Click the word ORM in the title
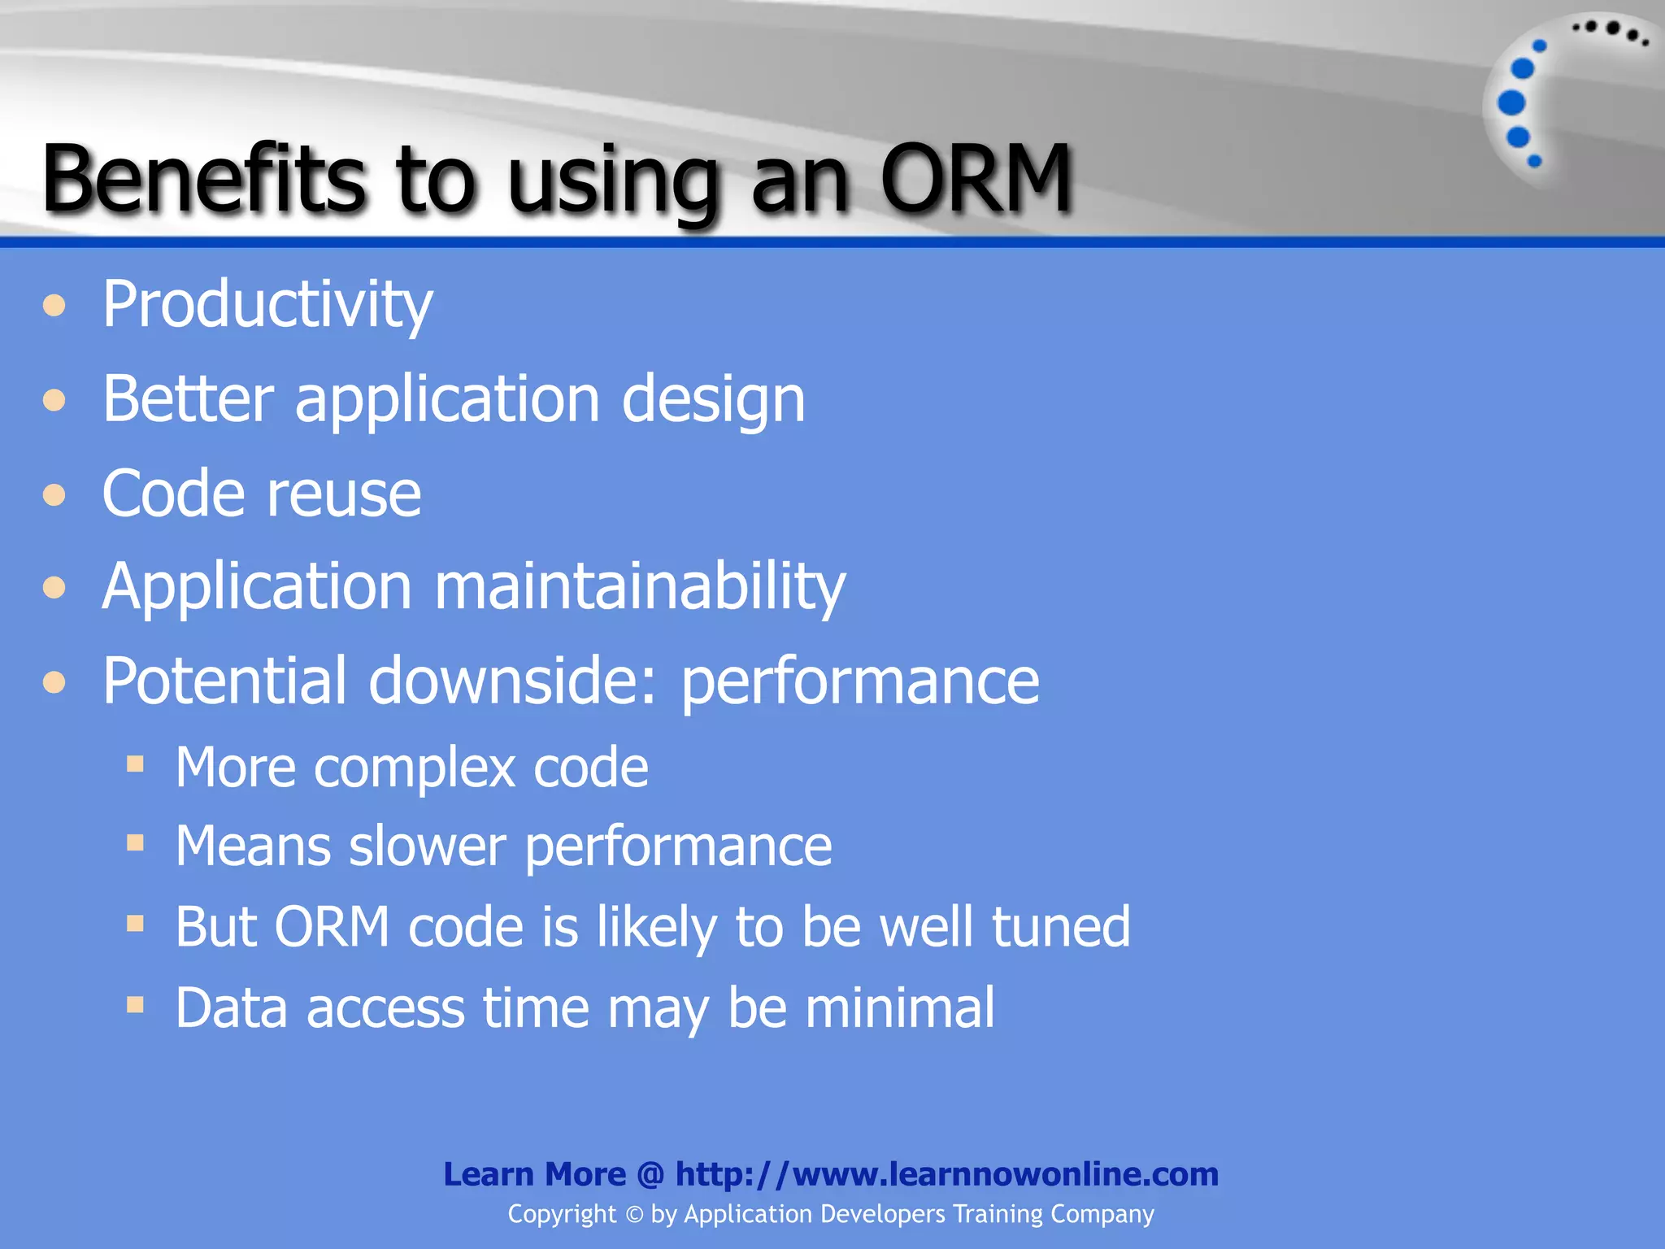[x=976, y=179]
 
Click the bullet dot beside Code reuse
[x=54, y=494]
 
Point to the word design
[x=713, y=400]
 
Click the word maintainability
[x=640, y=587]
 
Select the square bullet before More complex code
[x=135, y=764]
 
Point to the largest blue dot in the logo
[x=1511, y=103]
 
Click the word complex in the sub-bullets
[x=415, y=768]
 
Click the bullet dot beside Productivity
[x=54, y=306]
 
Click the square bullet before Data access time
[x=135, y=1006]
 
